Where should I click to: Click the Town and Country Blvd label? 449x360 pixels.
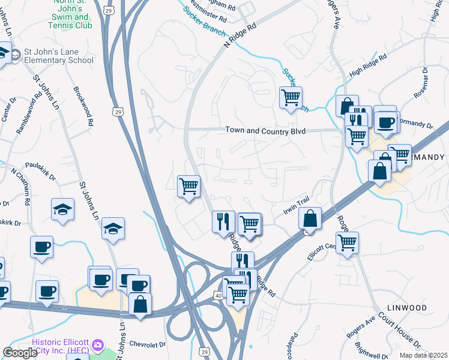coord(265,131)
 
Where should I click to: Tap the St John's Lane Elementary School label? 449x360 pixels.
coord(58,56)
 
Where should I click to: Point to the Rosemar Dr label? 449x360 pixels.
coord(420,82)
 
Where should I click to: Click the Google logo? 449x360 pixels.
coord(20,353)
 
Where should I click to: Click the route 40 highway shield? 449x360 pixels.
coord(218,296)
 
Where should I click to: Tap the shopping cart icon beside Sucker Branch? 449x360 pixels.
coord(291,97)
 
